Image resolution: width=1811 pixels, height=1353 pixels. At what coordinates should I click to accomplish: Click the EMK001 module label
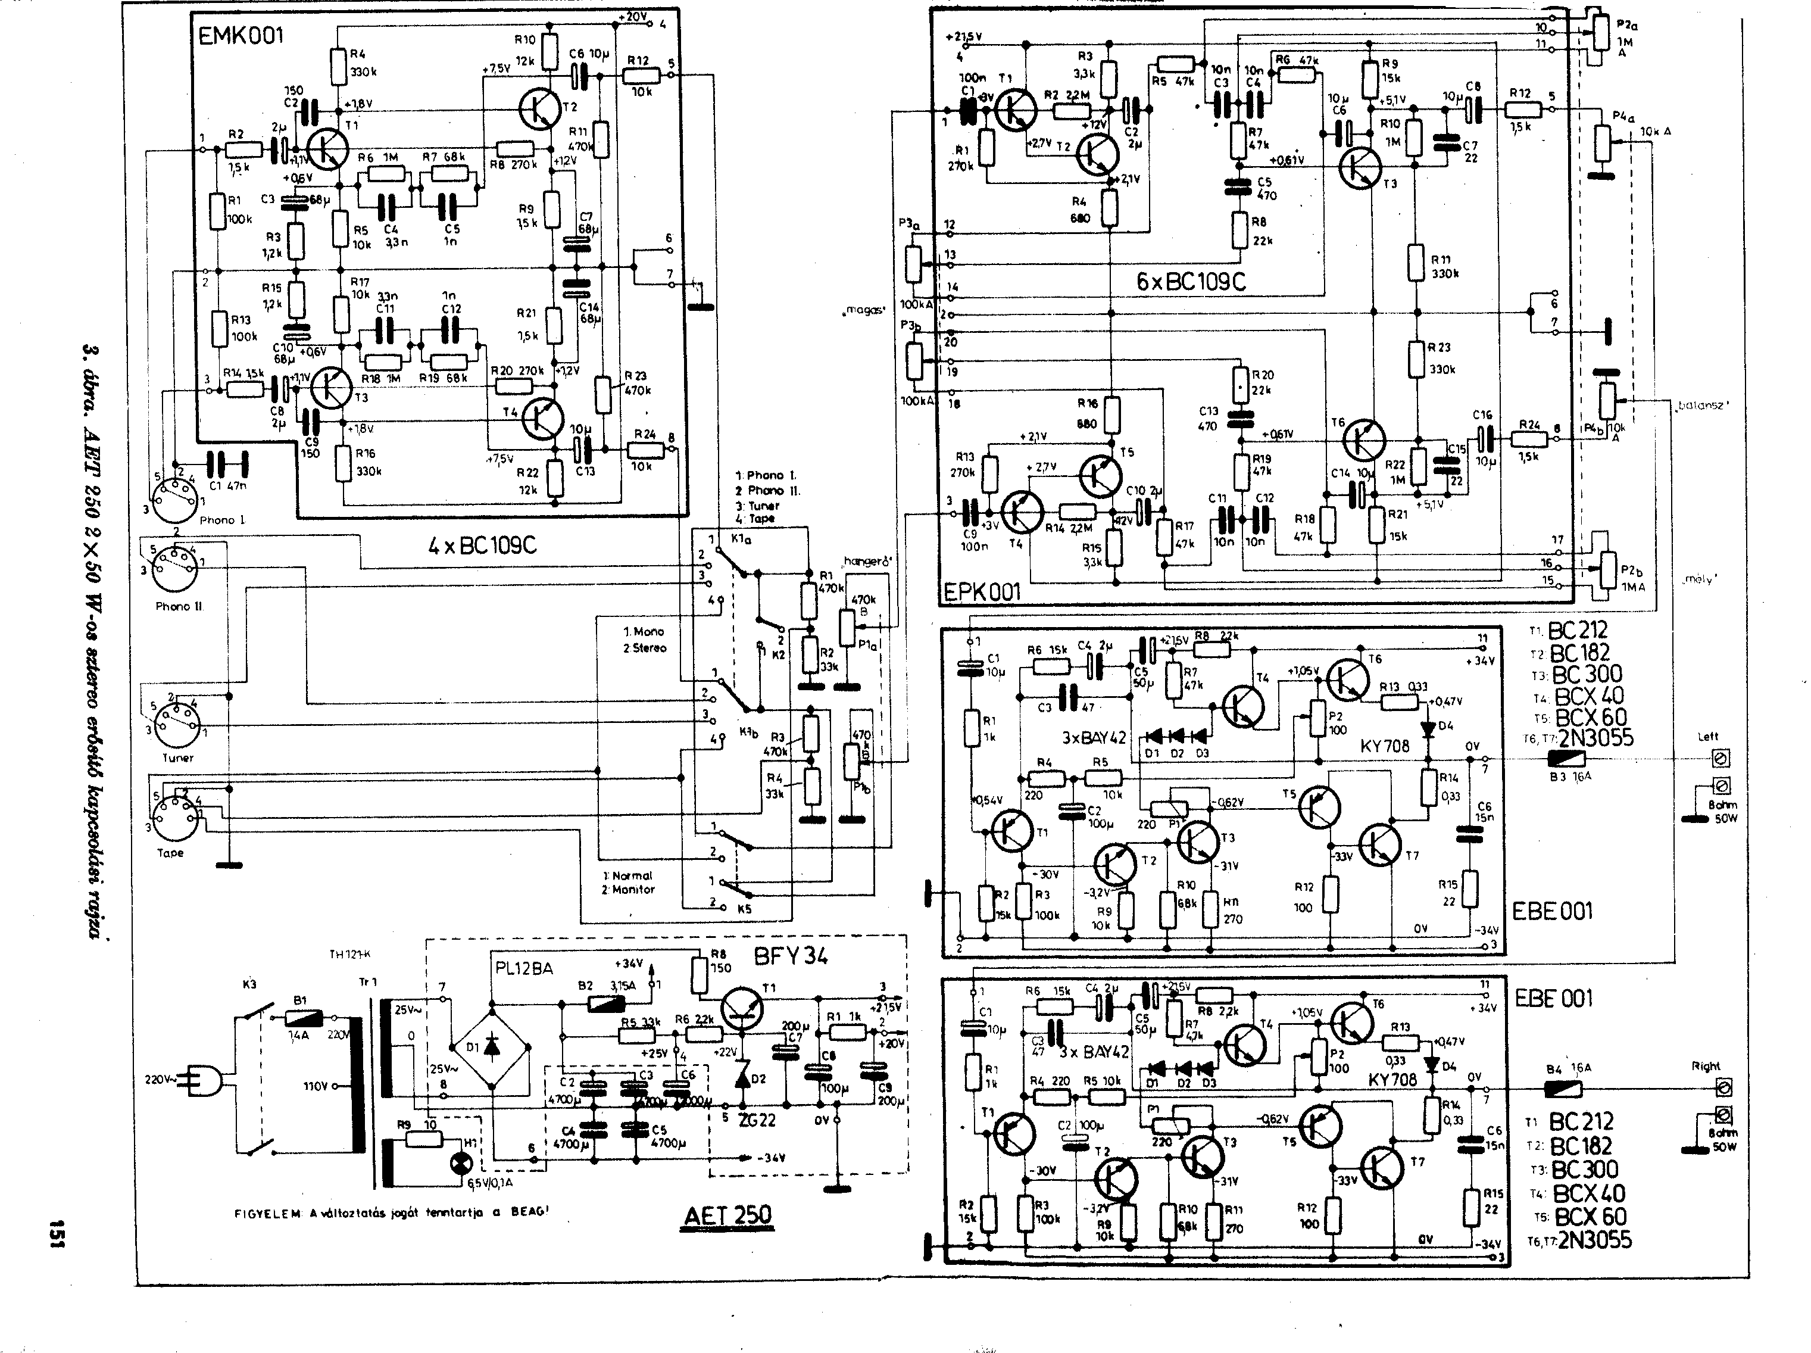[241, 37]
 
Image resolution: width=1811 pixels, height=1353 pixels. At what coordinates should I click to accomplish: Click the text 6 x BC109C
[1191, 282]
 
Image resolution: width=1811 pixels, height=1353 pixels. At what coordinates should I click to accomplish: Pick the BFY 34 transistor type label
[790, 956]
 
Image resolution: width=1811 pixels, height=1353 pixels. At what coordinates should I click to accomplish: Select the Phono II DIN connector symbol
[174, 565]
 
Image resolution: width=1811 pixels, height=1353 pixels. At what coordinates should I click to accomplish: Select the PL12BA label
[524, 969]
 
